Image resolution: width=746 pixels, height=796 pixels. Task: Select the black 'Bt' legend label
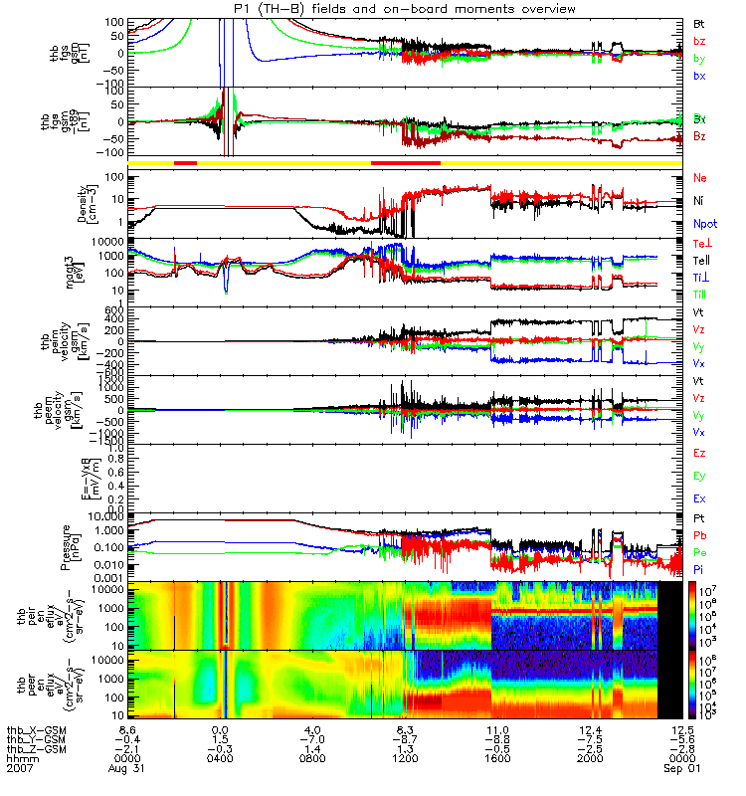pyautogui.click(x=699, y=22)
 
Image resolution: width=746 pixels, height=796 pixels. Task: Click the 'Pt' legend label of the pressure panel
pyautogui.click(x=699, y=519)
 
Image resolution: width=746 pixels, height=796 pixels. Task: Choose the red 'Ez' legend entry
pyautogui.click(x=699, y=454)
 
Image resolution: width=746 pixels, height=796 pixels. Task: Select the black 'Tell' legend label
pyautogui.click(x=701, y=260)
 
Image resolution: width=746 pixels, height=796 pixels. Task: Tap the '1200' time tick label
pyautogui.click(x=404, y=761)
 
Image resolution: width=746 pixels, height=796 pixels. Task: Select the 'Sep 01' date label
pyautogui.click(x=681, y=771)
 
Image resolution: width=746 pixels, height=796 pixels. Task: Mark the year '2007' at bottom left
pyautogui.click(x=20, y=771)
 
